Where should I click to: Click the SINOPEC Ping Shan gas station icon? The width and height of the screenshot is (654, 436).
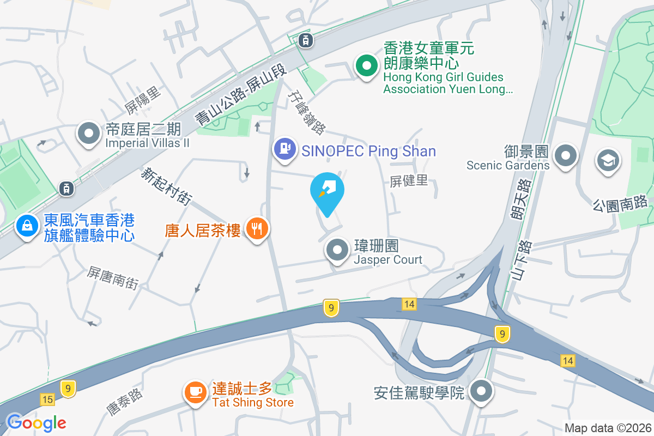tap(284, 148)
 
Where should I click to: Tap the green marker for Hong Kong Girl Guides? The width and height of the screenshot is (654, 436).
tap(367, 66)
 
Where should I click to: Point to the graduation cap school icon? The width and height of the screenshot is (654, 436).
tap(608, 161)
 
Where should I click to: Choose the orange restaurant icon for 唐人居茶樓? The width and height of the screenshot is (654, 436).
tap(256, 228)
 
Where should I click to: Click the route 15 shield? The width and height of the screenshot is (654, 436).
tap(47, 400)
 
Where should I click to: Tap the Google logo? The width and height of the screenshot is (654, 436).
tap(36, 422)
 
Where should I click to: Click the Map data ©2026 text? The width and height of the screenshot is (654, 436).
tap(608, 428)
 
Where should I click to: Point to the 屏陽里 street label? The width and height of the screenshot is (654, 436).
tap(143, 99)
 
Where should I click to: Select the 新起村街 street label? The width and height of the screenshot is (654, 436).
tap(167, 186)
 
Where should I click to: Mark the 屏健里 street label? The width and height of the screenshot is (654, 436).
tap(409, 181)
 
